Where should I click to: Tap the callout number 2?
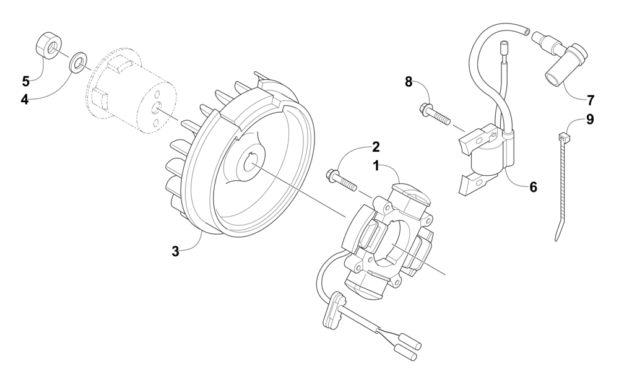(376, 147)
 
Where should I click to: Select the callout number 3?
(176, 251)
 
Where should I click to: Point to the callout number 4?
(25, 99)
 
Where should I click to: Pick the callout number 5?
(26, 81)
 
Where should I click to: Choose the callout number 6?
(533, 186)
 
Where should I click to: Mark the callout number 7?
(590, 99)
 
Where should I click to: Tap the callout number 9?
(590, 120)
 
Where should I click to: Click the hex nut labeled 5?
(47, 46)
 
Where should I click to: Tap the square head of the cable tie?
(563, 137)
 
